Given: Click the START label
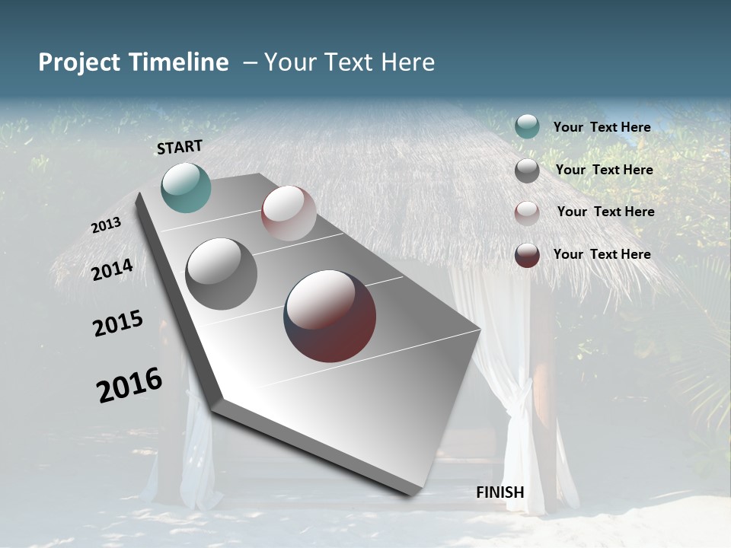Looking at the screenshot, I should coord(180,147).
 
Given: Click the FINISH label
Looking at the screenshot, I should coord(500,492).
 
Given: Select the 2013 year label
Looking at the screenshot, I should coord(107,225).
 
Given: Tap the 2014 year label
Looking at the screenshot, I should coord(113,270).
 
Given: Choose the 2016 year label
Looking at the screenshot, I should coord(129,384).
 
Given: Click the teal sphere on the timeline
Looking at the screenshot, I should coord(186,187).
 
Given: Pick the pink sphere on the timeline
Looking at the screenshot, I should coord(289,213).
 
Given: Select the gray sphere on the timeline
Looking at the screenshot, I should coord(222,274).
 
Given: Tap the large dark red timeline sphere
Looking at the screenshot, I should coord(330,316).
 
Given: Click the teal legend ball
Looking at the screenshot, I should coord(527,126).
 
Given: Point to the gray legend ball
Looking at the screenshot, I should coord(527,170).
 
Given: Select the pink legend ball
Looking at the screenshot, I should coord(527,212).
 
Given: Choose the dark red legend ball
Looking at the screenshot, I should coord(527,255).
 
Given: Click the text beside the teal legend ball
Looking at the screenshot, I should coord(602,127).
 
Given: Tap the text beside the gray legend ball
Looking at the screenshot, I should coord(604,170).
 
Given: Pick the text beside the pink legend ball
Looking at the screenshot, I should coord(605,212).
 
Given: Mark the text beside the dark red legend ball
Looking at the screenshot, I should coord(602,254).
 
